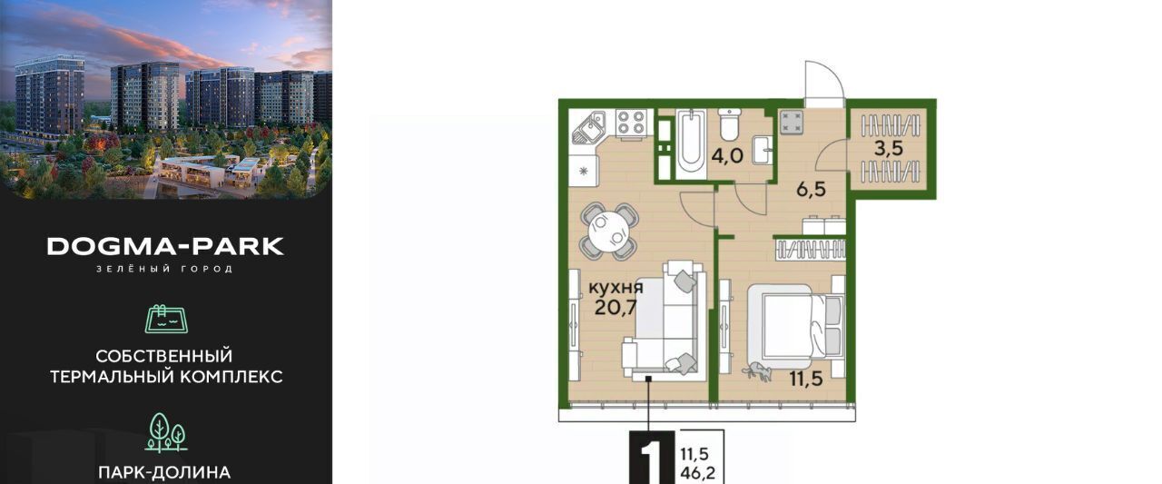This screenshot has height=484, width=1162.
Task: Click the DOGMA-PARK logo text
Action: [165, 247]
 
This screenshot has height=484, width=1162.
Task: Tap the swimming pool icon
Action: [166, 319]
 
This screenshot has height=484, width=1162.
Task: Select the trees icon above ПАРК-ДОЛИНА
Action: [166, 432]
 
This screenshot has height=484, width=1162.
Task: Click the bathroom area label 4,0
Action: [727, 155]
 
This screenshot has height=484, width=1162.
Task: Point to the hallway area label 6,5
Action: [811, 190]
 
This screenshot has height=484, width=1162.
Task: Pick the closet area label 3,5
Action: [889, 148]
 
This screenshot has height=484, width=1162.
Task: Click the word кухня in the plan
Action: [615, 287]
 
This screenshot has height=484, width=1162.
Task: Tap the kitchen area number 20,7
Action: [615, 308]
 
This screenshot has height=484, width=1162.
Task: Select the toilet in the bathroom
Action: [730, 124]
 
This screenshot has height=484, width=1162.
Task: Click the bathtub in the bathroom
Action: [691, 141]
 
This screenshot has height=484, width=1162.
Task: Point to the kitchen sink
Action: [589, 128]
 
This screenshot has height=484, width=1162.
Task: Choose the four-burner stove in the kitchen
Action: [631, 123]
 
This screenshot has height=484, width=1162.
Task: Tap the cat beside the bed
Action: [757, 370]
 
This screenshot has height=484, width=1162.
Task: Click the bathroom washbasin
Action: [762, 151]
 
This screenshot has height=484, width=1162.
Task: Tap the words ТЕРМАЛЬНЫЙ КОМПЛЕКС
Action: [166, 377]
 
